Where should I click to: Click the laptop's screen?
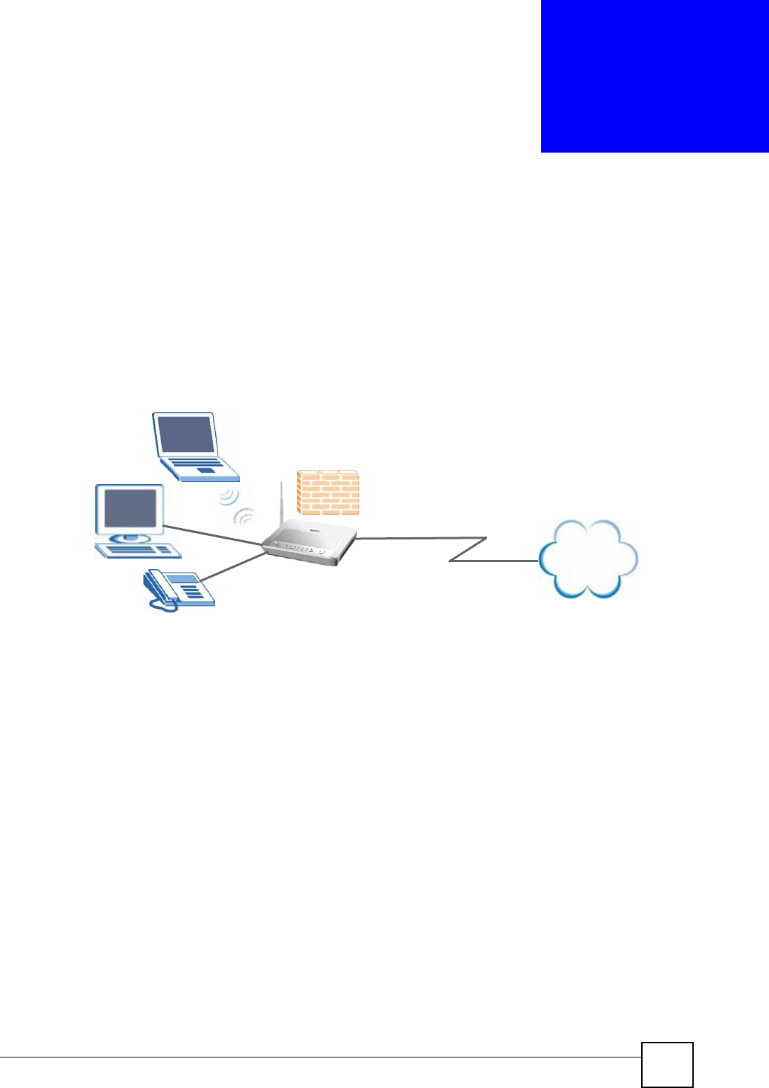pos(186,434)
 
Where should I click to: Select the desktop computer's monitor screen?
pos(131,507)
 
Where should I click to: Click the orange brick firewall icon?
pos(328,492)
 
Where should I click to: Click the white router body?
pos(310,544)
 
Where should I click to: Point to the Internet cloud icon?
pos(588,559)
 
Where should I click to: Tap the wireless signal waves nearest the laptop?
pos(229,496)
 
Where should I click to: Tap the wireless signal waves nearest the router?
pos(245,516)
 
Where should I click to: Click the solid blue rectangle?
pos(654,76)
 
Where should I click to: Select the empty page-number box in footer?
pos(667,1064)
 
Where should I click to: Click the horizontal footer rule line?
pos(320,1057)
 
